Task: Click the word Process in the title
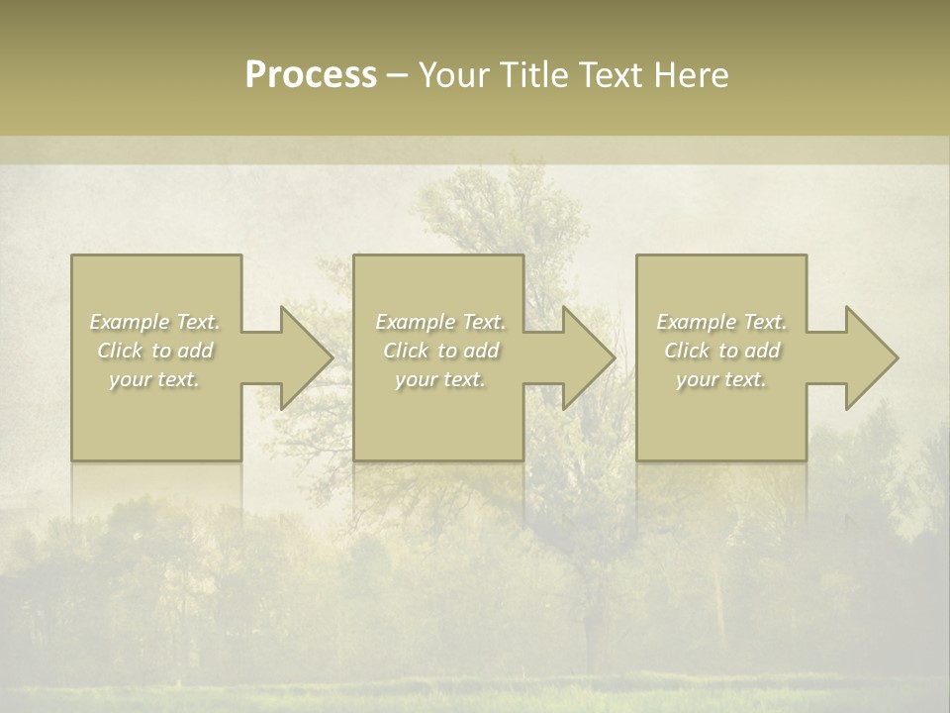tap(311, 75)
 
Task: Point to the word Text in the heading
tap(611, 75)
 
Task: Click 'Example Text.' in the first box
tap(154, 322)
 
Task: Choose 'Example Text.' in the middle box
tap(440, 322)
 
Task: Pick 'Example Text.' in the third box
tap(721, 322)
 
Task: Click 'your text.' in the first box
tap(154, 379)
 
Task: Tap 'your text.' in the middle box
tap(440, 379)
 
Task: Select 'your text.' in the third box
tap(721, 379)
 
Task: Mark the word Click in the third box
tap(687, 351)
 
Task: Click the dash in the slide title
tap(398, 75)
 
